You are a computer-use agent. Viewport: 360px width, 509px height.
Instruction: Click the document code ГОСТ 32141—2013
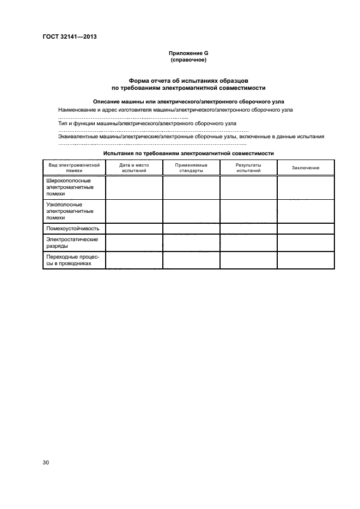click(x=70, y=38)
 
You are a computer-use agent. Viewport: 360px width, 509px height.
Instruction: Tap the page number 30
click(x=46, y=463)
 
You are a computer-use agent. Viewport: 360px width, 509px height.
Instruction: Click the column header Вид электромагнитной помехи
click(x=74, y=167)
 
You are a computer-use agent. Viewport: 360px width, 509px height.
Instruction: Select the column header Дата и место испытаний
click(x=134, y=167)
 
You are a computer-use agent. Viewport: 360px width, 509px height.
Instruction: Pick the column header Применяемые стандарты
click(x=191, y=167)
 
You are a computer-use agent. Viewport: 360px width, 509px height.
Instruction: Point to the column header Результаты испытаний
click(x=248, y=167)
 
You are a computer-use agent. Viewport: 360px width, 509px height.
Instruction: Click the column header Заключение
click(x=306, y=168)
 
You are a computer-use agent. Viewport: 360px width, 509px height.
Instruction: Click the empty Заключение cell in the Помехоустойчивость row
click(x=306, y=229)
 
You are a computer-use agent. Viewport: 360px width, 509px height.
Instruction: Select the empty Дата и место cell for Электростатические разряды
click(x=134, y=242)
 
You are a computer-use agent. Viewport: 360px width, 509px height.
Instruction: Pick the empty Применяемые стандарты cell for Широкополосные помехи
click(x=191, y=187)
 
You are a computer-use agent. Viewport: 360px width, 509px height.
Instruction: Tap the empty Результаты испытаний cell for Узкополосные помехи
click(x=248, y=211)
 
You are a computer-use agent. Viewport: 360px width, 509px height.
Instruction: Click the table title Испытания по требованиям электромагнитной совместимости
click(x=188, y=154)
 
